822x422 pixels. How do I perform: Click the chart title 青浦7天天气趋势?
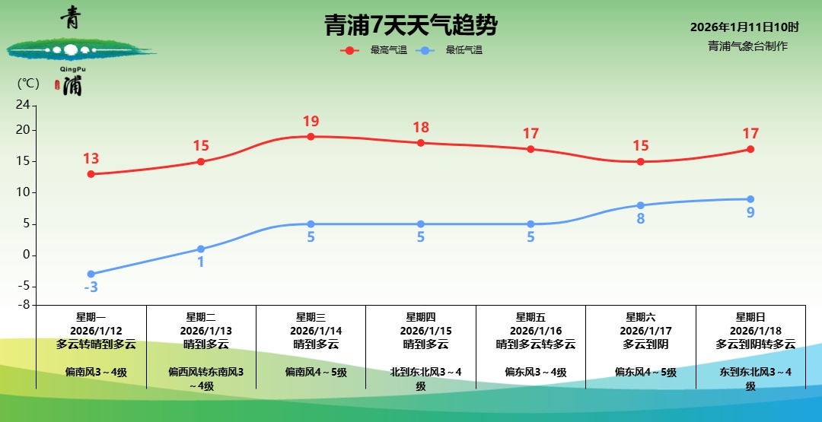point(410,26)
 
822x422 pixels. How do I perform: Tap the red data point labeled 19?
point(311,137)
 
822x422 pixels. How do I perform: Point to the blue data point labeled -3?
point(91,274)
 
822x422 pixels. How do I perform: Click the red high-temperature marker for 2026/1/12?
point(91,174)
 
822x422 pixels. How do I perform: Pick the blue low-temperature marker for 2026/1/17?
point(640,205)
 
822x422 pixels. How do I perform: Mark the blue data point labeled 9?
point(750,199)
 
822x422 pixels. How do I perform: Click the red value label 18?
point(421,128)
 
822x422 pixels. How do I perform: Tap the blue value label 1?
point(201,262)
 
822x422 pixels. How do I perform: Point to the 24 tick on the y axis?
point(24,105)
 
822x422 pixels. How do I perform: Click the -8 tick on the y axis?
point(24,304)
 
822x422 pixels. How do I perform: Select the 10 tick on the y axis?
point(24,192)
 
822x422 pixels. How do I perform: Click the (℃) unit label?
point(28,83)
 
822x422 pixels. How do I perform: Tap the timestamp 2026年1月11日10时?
point(744,27)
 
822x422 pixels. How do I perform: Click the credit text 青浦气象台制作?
point(747,46)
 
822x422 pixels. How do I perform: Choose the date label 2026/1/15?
point(421,331)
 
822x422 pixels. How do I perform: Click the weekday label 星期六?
point(640,317)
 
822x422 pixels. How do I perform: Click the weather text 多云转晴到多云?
point(96,344)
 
